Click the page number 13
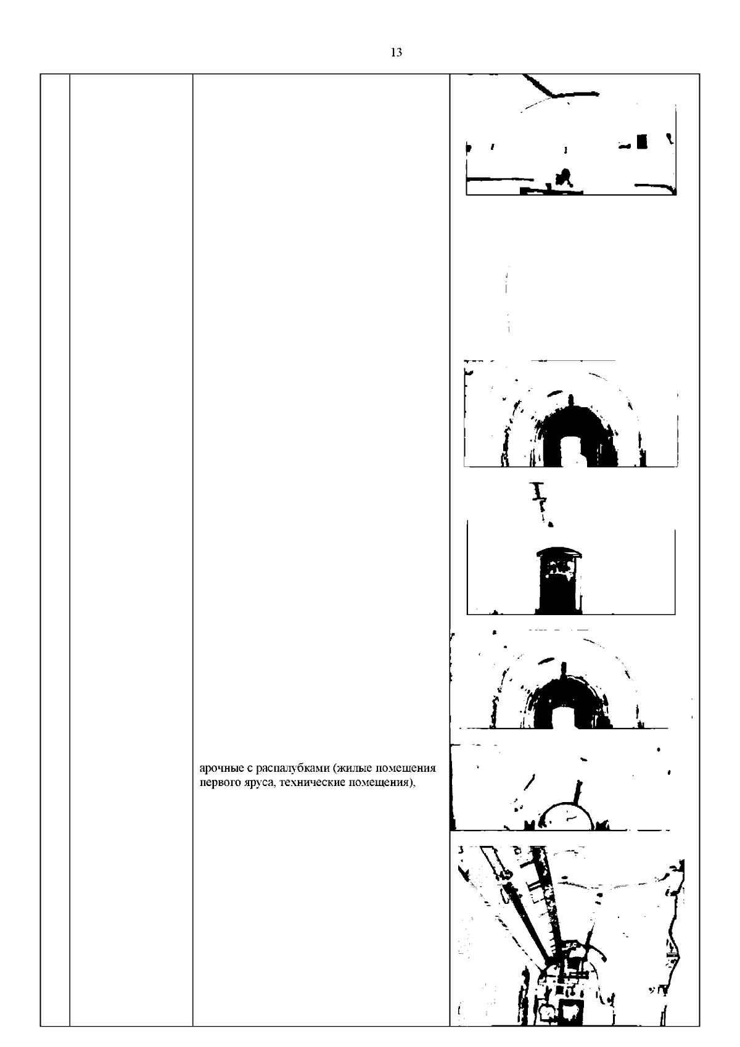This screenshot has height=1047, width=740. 396,52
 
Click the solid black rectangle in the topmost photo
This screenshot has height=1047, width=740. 643,141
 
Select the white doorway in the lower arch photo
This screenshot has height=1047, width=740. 564,716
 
